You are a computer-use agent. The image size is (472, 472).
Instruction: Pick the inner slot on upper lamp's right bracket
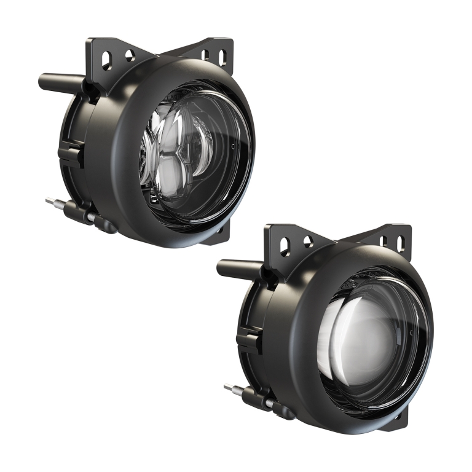point(205,56)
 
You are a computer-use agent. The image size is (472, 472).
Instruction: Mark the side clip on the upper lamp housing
point(71,152)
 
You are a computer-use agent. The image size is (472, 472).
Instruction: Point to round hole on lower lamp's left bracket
point(308,242)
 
